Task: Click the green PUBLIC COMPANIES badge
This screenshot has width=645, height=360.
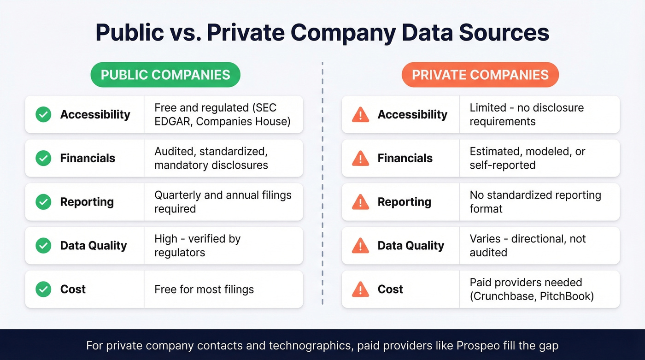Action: [165, 75]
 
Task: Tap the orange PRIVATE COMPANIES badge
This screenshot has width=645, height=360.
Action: [480, 75]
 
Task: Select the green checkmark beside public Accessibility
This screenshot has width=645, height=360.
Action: [43, 114]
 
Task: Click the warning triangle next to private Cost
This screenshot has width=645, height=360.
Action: [360, 289]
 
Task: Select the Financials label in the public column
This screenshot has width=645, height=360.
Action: [88, 158]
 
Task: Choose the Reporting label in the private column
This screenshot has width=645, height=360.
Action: [404, 202]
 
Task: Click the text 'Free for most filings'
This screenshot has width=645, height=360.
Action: [204, 289]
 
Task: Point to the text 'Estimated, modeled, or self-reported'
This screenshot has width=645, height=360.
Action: [527, 158]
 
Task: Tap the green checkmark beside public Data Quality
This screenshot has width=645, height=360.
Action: [43, 246]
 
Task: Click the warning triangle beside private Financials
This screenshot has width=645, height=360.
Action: [360, 159]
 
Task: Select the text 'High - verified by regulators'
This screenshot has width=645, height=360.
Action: [197, 246]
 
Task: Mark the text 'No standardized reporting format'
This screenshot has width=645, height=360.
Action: [535, 202]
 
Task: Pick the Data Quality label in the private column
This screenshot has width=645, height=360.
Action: [410, 246]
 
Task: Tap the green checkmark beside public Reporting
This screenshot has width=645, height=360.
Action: [43, 202]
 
